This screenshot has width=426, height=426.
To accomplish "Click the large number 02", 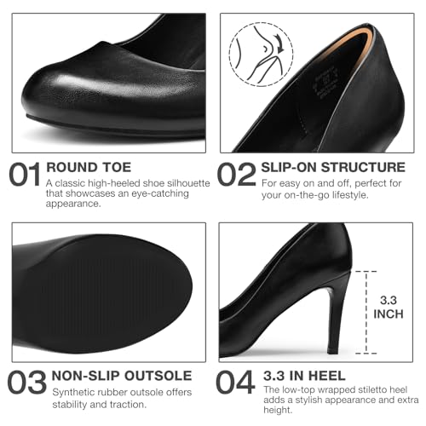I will tap(237, 173).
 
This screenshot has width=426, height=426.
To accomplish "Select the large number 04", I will tap(237, 383).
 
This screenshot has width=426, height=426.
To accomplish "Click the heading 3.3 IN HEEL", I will tap(303, 376).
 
